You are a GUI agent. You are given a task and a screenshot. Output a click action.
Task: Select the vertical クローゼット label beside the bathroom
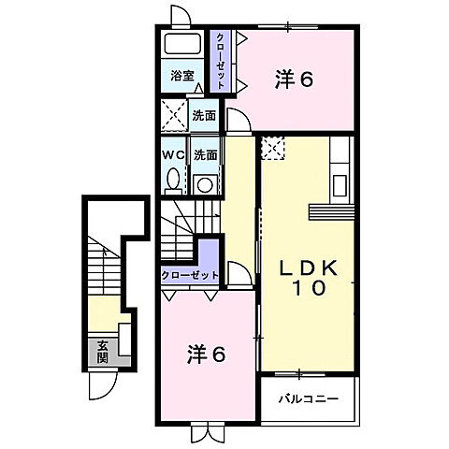pyautogui.click(x=221, y=59)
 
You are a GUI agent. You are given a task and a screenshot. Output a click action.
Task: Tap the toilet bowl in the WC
pyautogui.click(x=173, y=179)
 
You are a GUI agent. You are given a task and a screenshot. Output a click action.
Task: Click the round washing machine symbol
pyautogui.click(x=204, y=183)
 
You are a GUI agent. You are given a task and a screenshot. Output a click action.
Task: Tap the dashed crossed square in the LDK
pyautogui.click(x=272, y=147)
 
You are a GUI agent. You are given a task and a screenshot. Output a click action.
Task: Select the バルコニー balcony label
pyautogui.click(x=308, y=399)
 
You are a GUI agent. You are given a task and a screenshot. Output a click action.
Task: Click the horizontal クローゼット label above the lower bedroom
pyautogui.click(x=190, y=276)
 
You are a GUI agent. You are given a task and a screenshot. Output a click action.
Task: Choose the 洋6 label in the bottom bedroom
pyautogui.click(x=207, y=355)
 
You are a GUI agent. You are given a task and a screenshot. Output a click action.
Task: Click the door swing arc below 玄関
pyautogui.click(x=102, y=383)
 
